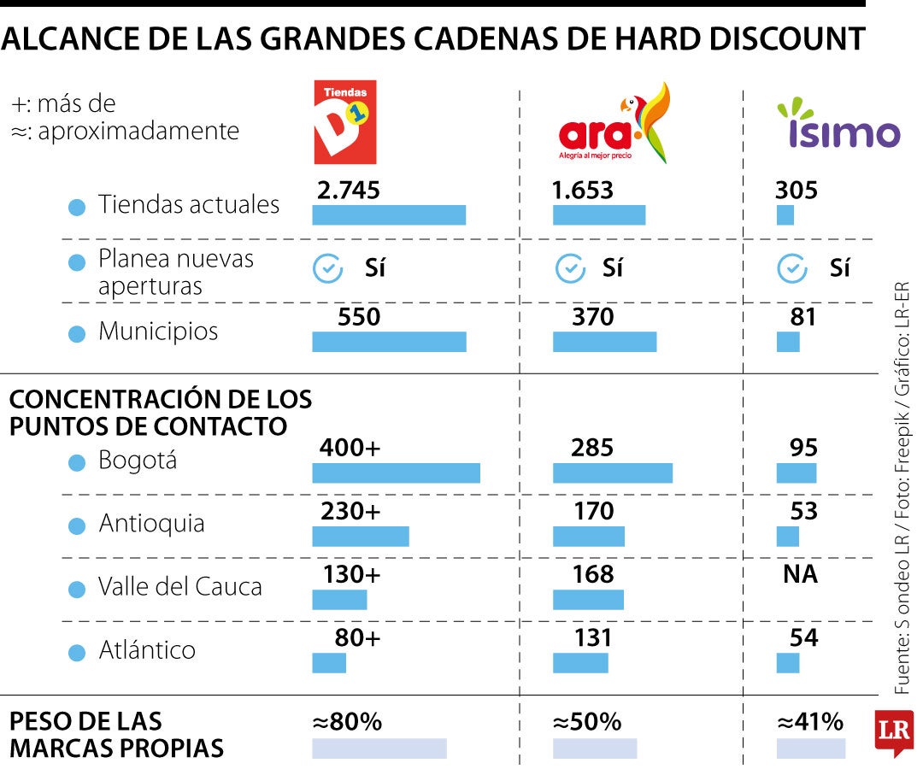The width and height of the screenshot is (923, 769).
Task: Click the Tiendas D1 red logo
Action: click(x=345, y=122)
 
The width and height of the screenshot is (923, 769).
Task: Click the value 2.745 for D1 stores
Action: click(x=348, y=191)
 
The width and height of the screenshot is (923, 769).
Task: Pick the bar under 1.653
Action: click(x=598, y=215)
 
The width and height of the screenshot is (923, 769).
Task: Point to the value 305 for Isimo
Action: click(x=796, y=191)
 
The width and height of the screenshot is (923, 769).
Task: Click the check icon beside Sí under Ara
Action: click(x=569, y=269)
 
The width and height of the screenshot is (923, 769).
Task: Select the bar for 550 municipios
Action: click(x=389, y=342)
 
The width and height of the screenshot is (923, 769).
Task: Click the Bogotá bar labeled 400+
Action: click(x=396, y=473)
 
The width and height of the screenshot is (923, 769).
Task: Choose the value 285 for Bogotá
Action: click(x=593, y=448)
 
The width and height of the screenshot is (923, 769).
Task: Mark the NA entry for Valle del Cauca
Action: click(x=800, y=575)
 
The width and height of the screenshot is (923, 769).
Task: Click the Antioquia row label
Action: click(x=151, y=523)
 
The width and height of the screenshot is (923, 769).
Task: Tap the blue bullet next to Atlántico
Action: click(x=77, y=653)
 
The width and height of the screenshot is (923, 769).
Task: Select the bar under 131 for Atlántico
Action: click(x=580, y=663)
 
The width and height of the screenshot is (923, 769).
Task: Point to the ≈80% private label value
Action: click(x=347, y=723)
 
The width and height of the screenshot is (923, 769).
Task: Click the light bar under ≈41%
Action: click(x=810, y=748)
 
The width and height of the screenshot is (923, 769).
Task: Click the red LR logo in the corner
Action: click(x=894, y=732)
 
